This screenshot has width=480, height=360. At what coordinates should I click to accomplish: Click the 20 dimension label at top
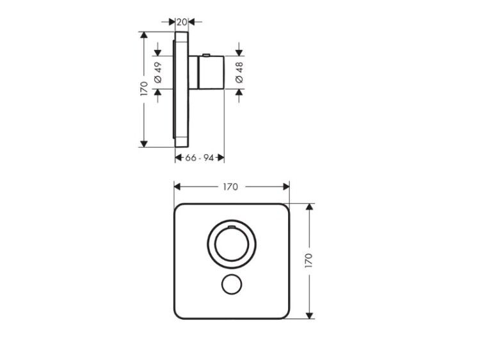click(x=182, y=22)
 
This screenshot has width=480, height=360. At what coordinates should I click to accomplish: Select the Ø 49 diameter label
click(x=158, y=72)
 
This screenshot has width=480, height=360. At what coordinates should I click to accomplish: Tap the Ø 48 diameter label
click(x=239, y=72)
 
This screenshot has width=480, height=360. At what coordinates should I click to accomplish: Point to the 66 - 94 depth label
click(x=199, y=158)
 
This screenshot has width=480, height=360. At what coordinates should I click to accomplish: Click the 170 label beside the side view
click(x=144, y=89)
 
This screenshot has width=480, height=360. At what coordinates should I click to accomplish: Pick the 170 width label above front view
click(x=230, y=187)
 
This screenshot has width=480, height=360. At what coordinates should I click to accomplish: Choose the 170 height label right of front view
click(x=309, y=261)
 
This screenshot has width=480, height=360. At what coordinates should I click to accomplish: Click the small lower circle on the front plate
click(x=232, y=284)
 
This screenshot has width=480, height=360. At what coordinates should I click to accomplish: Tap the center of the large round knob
click(x=232, y=244)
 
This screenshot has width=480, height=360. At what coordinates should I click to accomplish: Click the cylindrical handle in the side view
click(x=212, y=72)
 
